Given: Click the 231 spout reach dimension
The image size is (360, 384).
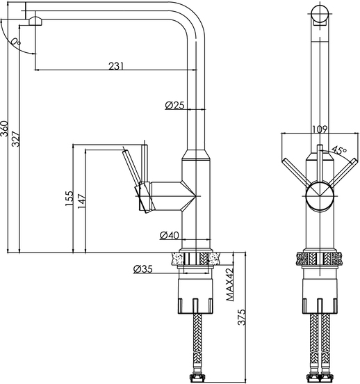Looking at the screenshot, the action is click(116, 66).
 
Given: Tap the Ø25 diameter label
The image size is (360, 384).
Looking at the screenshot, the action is click(174, 105).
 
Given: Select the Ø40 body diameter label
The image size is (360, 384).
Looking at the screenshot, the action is click(170, 235).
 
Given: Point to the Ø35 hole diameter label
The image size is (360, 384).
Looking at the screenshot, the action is click(143, 269).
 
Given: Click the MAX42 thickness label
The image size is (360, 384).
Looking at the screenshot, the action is click(229, 285).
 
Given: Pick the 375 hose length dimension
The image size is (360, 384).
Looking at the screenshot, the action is click(242, 317).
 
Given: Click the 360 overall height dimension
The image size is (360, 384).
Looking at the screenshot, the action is click(4, 129).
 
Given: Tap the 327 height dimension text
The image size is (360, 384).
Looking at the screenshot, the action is click(16, 139).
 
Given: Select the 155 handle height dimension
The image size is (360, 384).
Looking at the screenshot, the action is click(69, 198).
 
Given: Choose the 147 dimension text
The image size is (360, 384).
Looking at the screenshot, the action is click(82, 201).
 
